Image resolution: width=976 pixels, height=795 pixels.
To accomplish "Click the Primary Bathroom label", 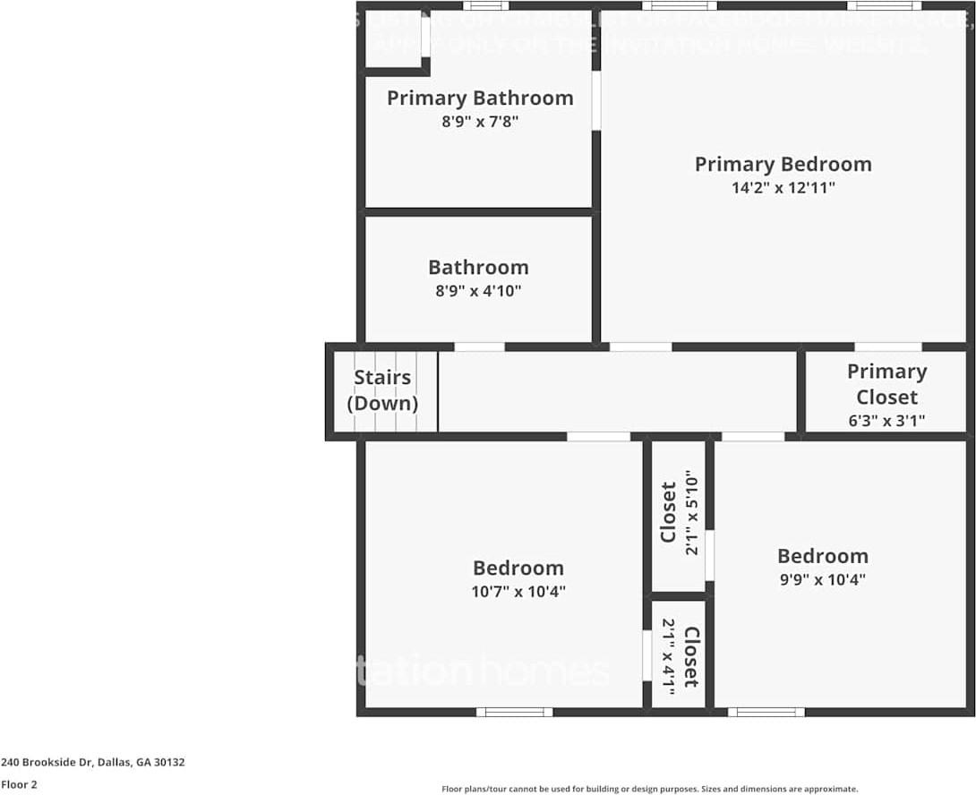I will coord(480,98).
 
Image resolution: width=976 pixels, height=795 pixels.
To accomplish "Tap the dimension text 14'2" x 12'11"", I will coord(783,188).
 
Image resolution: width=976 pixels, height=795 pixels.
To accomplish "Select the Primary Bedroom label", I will coord(783,164).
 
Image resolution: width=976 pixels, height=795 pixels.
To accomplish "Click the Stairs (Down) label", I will coord(382,390).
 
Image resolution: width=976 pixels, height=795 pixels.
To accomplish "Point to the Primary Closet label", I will coord(886,383).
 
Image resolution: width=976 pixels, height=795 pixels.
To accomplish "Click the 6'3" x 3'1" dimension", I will coord(886,420).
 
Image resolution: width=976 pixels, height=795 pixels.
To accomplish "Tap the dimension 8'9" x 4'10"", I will coord(478,291).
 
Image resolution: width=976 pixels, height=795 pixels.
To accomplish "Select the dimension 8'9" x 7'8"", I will coord(480,122).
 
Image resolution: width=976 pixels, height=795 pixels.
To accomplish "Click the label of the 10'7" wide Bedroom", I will coord(518,568).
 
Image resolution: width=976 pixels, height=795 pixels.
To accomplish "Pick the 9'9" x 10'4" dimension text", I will coord(822,579).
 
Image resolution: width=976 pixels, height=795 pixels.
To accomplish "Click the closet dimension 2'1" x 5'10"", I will coord(691,513).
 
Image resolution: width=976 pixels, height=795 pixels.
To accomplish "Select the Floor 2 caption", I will coord(19,784).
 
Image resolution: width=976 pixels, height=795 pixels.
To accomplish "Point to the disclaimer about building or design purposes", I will coord(649,789).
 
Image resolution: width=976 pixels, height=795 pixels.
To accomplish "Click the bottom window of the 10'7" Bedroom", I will coord(514,712).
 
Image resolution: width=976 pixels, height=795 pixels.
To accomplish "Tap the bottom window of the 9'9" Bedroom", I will coord(766,712).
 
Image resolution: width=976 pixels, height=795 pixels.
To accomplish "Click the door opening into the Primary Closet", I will coord(887,346).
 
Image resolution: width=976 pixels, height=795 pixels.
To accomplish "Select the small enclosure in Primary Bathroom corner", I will coord(393,39).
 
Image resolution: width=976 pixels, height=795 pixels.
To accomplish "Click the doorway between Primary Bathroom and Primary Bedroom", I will coord(596,100).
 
